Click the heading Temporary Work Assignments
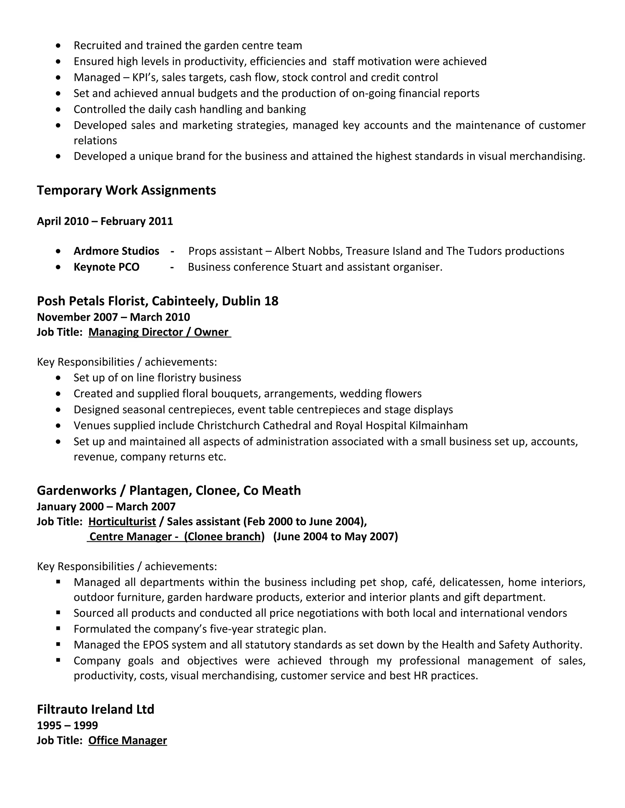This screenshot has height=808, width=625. coord(126,190)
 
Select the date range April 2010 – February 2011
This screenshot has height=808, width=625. coord(105,221)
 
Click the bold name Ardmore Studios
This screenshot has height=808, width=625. coord(116,251)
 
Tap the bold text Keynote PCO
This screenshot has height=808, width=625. coord(106,267)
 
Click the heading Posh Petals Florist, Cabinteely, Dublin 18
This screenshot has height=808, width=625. coord(157,301)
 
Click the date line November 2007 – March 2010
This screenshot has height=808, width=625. coord(113,317)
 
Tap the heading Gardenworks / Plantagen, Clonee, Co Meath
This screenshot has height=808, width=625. coord(169,491)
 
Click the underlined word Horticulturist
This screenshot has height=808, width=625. coord(122,522)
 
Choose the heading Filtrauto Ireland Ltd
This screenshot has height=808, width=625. coord(96,709)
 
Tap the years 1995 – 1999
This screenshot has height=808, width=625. coord(67,725)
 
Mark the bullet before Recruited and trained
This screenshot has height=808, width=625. coord(58,45)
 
